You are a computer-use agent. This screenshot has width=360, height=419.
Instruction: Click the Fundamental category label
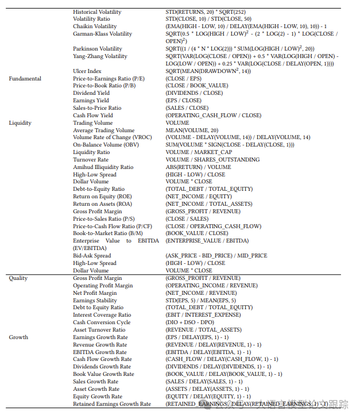click(25, 79)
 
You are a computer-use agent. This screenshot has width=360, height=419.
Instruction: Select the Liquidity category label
click(20, 123)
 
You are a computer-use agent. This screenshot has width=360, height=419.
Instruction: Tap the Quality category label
click(18, 278)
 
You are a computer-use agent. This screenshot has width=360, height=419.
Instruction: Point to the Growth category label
click(18, 337)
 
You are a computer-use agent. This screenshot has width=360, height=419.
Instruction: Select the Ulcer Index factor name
click(87, 71)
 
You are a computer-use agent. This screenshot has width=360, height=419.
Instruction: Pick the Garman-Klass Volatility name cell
click(102, 34)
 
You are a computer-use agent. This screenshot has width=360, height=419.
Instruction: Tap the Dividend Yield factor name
click(91, 93)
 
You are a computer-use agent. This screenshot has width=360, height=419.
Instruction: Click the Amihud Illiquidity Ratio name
click(103, 167)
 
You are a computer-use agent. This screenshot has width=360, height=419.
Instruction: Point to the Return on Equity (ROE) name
click(102, 197)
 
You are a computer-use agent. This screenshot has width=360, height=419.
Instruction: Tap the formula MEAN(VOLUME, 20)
click(192, 130)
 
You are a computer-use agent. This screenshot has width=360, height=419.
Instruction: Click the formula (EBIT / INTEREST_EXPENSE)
click(203, 315)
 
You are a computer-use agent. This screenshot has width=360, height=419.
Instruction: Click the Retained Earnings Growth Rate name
click(112, 404)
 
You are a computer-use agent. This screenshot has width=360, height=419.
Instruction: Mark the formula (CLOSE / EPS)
click(184, 79)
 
